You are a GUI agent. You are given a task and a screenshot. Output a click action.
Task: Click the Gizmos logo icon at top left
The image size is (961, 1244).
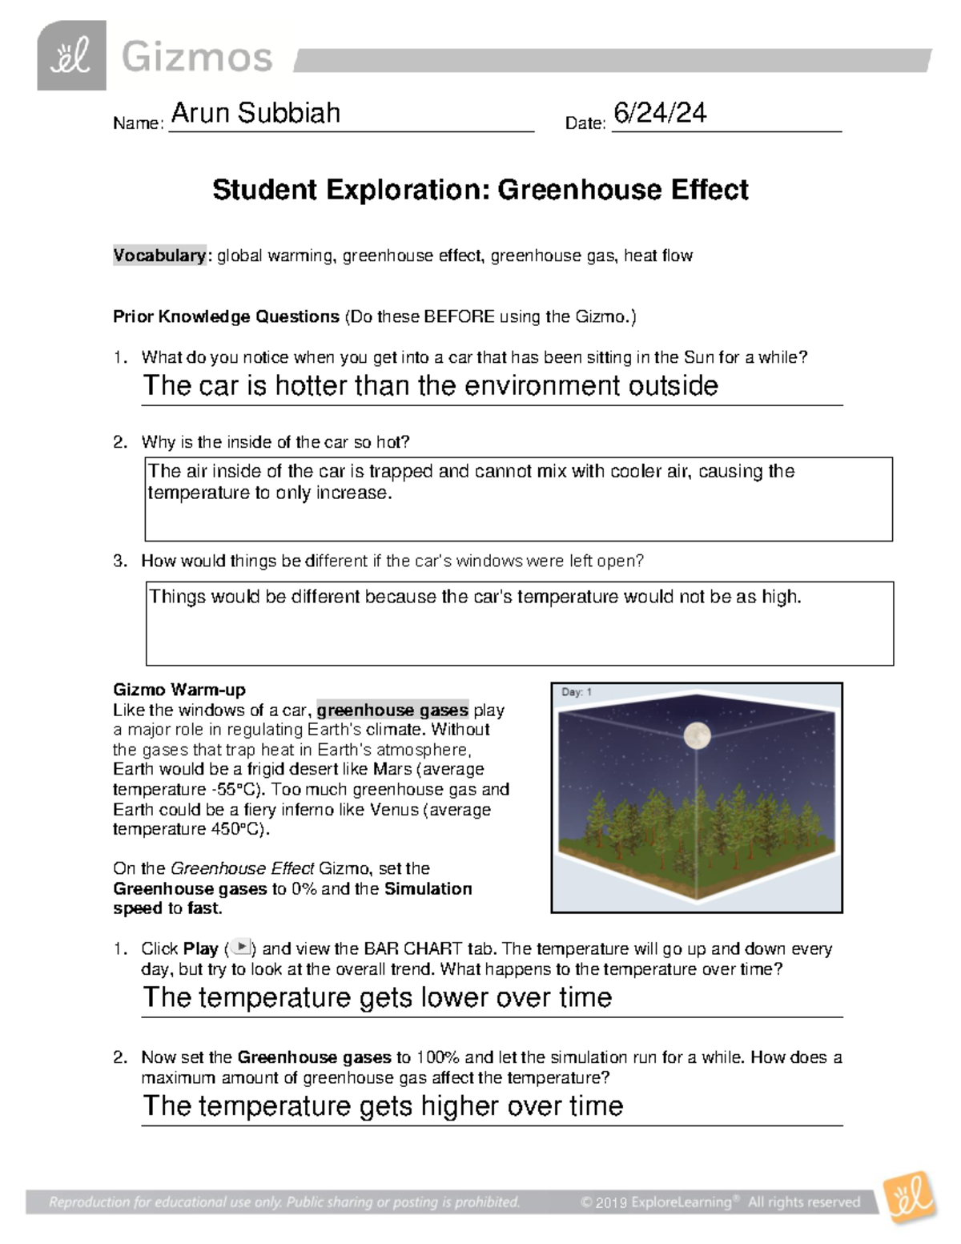[x=71, y=56]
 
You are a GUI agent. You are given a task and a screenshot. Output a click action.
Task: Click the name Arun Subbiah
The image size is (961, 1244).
[x=255, y=113]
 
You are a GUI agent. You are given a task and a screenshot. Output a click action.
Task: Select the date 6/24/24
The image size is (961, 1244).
[x=659, y=113]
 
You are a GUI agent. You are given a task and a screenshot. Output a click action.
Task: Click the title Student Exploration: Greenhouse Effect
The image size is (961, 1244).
[x=480, y=190]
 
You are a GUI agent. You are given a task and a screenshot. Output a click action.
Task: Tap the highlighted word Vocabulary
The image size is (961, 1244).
[x=159, y=256]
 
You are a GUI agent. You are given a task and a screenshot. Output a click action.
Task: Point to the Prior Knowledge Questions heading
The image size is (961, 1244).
[x=226, y=316]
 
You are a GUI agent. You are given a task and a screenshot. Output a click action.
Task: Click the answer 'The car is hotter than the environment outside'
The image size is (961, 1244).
[x=430, y=386]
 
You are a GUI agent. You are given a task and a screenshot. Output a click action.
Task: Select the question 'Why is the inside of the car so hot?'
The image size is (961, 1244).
[x=275, y=442]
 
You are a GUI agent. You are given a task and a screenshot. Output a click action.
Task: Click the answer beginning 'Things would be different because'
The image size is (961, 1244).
[x=475, y=597]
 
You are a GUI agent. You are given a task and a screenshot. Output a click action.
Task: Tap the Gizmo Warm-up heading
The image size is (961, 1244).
[x=179, y=690]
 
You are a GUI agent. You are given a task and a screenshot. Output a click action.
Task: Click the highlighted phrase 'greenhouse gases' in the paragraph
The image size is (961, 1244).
[x=392, y=710]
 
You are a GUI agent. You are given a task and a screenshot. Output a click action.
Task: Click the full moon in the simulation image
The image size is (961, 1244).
[x=697, y=734]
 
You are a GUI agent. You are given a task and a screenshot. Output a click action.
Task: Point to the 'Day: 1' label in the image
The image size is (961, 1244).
[x=577, y=692]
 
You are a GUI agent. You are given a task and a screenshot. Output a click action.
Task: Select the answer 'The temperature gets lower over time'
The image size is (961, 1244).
[x=377, y=997]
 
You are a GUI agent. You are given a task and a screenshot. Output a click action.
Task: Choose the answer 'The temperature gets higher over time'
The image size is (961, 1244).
[x=383, y=1106]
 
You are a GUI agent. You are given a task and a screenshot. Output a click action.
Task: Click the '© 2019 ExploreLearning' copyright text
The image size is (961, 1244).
[x=657, y=1202]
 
